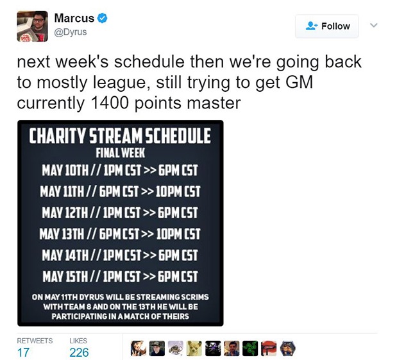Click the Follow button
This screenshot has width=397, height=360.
click(327, 26)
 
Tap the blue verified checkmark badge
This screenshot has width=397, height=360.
click(102, 18)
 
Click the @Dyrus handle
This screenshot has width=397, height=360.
click(71, 32)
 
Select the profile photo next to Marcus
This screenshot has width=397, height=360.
click(33, 26)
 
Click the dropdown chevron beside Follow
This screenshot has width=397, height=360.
click(374, 25)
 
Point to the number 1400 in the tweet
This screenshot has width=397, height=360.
click(109, 103)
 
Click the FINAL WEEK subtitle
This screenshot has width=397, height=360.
click(121, 153)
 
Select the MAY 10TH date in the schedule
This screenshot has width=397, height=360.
click(65, 170)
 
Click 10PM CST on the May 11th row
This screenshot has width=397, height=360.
click(178, 191)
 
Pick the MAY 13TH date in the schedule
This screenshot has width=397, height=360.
click(62, 234)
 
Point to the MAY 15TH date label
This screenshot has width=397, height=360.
click(65, 276)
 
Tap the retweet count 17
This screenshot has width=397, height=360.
click(23, 352)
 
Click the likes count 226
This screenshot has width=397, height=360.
click(79, 352)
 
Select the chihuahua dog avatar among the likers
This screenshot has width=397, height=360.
click(194, 348)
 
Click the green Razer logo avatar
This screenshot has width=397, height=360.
click(250, 348)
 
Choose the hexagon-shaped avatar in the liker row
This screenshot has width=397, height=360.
click(288, 348)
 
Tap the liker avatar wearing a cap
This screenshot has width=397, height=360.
click(156, 348)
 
